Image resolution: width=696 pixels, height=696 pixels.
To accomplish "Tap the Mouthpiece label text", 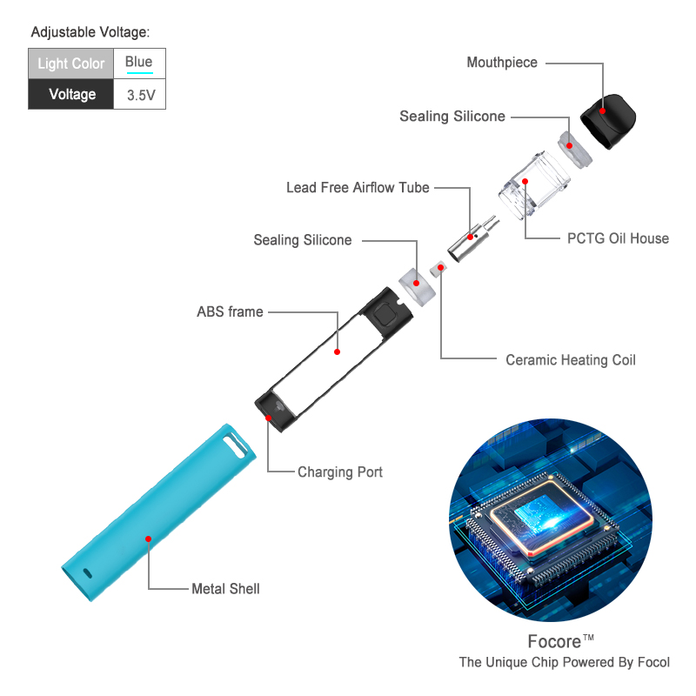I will (x=502, y=63).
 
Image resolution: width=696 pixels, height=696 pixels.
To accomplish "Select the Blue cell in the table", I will (x=139, y=62).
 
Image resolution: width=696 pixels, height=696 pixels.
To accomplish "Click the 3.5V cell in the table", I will (x=139, y=95).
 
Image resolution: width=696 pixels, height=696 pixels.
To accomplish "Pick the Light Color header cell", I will (x=70, y=64).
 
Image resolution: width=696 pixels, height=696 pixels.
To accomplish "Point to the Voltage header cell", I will (x=70, y=95).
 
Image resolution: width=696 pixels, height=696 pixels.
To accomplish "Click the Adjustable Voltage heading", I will (x=90, y=33).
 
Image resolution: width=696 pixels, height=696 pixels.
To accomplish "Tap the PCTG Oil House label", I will (x=618, y=238).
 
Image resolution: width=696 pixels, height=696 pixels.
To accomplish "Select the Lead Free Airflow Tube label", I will (x=358, y=188).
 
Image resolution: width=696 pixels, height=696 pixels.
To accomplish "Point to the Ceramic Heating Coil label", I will (x=571, y=360).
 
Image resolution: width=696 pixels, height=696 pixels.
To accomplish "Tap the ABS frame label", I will (x=230, y=311).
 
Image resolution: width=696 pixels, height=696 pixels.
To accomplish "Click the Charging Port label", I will (x=340, y=472).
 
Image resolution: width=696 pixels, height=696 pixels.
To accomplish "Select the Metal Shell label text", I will (x=225, y=589).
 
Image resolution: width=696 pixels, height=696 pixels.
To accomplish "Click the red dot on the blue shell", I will (x=148, y=539).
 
